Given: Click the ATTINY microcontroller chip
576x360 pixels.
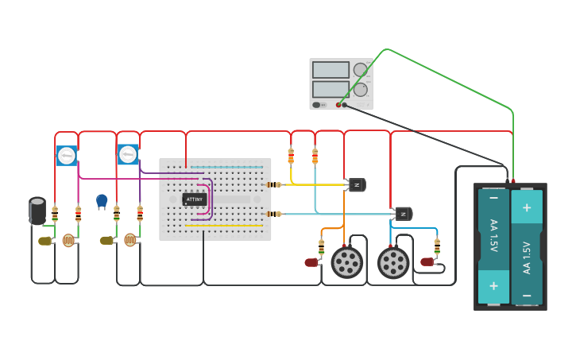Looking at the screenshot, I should [x=195, y=199].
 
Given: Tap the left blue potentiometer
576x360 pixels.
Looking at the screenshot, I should [x=67, y=155].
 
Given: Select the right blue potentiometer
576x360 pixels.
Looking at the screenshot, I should [x=128, y=154].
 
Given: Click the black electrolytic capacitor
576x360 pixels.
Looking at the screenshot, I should [x=37, y=211].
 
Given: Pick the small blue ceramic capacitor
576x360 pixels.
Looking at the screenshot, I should [x=102, y=200].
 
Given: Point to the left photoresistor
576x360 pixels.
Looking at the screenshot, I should [x=69, y=240].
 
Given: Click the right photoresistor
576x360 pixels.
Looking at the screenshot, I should [x=130, y=240].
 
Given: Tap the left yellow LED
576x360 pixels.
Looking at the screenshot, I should [x=44, y=241].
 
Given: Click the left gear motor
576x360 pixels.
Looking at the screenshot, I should [x=346, y=262].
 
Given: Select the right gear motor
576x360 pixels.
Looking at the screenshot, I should [x=392, y=263].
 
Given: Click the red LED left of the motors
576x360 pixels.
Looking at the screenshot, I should [x=311, y=262].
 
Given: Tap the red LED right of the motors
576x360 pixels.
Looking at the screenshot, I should [x=427, y=261].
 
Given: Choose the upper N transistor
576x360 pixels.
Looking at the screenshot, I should [x=357, y=185].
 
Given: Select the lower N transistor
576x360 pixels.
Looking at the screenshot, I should [x=404, y=214].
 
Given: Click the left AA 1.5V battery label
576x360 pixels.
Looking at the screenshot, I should [x=493, y=235].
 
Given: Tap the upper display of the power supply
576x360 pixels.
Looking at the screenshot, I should [x=331, y=70].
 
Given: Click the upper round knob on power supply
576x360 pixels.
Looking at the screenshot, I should [x=361, y=70].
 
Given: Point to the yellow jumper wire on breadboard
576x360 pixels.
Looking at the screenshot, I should [x=224, y=226].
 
